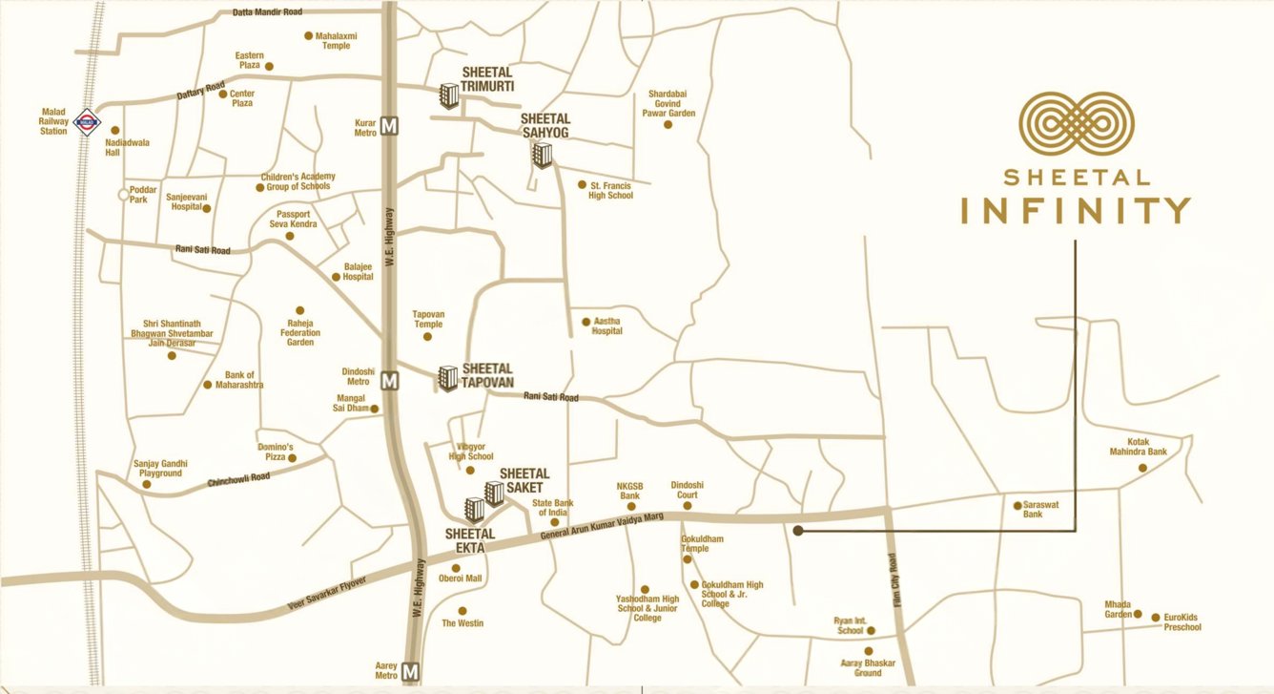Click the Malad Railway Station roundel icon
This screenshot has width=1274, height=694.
click(88, 120)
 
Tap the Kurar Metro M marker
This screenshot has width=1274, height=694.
click(389, 126)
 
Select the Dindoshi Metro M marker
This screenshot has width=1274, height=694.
click(389, 381)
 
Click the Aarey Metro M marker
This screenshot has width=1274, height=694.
click(412, 672)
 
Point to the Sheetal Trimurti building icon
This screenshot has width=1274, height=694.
click(448, 95)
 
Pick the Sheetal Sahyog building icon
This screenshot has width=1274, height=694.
click(543, 154)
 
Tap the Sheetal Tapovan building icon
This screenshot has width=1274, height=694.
click(448, 378)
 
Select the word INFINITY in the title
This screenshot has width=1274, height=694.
click(1076, 210)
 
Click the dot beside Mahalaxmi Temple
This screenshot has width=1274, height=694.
click(308, 36)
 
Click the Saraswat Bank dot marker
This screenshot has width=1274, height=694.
click(1017, 504)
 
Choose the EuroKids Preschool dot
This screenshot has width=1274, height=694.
click(1156, 617)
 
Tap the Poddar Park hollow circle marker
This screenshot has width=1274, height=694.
click(122, 195)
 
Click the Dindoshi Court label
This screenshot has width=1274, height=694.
click(685, 490)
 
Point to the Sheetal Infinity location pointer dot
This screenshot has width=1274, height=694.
click(797, 529)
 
